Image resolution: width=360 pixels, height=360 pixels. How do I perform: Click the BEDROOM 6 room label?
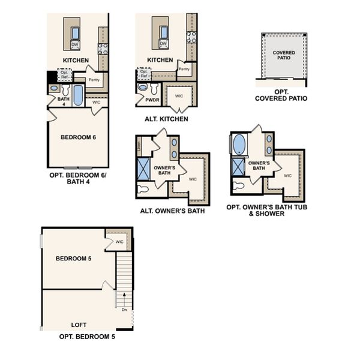click(x=79, y=137)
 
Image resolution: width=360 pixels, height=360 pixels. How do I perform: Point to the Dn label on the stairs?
click(x=123, y=310)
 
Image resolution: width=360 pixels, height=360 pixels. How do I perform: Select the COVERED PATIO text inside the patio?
click(x=284, y=56)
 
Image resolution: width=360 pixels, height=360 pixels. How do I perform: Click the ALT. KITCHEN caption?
click(x=166, y=119)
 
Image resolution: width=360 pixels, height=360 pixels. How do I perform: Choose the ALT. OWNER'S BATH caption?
click(x=172, y=211)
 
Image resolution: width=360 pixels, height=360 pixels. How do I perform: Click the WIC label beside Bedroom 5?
click(x=119, y=242)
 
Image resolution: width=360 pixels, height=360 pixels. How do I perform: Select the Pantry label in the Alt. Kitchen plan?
click(x=184, y=69)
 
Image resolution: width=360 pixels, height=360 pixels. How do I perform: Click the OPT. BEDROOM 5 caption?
click(x=87, y=337)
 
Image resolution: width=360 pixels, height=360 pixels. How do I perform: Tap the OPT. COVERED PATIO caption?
click(x=281, y=94)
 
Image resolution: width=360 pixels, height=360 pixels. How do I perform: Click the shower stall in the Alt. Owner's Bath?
click(x=145, y=167)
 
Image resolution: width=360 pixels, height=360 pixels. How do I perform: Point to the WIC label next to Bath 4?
click(x=96, y=103)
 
